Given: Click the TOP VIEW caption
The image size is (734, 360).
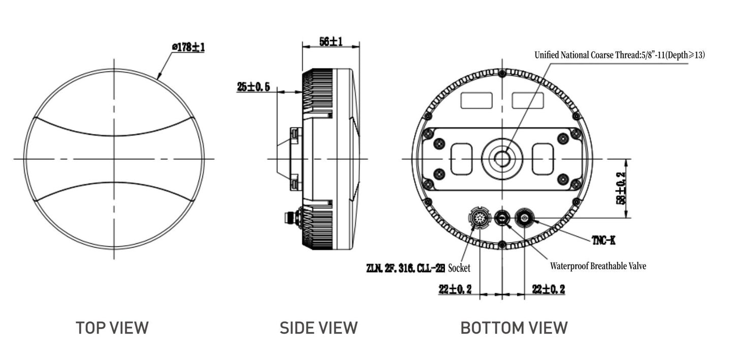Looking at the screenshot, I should pyautogui.click(x=112, y=328).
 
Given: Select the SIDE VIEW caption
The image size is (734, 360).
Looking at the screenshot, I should pyautogui.click(x=318, y=328).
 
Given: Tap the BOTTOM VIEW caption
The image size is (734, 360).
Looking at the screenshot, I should pyautogui.click(x=514, y=328).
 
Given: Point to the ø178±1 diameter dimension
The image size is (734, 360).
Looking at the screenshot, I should pyautogui.click(x=188, y=47).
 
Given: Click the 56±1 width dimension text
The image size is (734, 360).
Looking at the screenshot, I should pyautogui.click(x=331, y=42).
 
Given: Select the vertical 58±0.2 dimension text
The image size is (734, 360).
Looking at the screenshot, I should pyautogui.click(x=621, y=188).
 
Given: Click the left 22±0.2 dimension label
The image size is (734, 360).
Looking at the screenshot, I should pyautogui.click(x=455, y=289).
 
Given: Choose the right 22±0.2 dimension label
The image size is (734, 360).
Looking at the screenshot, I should pyautogui.click(x=548, y=289).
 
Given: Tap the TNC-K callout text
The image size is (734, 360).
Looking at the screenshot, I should pyautogui.click(x=603, y=241).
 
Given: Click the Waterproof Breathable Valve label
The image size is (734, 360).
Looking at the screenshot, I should pyautogui.click(x=598, y=266).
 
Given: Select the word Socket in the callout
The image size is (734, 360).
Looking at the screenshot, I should pyautogui.click(x=459, y=268).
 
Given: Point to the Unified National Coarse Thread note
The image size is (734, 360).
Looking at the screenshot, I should pyautogui.click(x=619, y=55).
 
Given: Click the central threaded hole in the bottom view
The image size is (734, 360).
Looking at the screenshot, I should pyautogui.click(x=502, y=158).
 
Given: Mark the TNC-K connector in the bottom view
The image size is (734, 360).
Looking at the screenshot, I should pyautogui.click(x=524, y=219).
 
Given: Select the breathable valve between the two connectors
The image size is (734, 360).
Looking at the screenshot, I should pyautogui.click(x=502, y=219).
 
